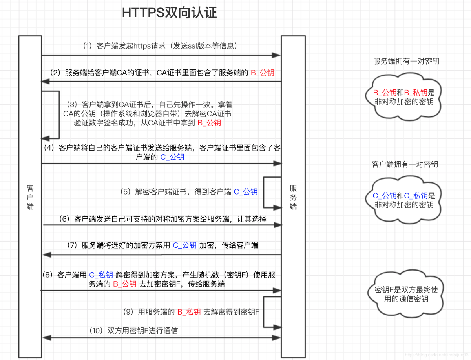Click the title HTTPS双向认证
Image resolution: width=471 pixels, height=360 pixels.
169,13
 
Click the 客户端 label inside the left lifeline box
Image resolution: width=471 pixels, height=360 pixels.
30,197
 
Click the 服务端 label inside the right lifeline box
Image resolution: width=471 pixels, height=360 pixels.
293,197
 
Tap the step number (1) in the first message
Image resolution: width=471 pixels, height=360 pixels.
88,46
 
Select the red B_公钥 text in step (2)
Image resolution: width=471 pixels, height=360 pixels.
263,73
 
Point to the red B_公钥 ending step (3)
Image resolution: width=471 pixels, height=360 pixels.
209,123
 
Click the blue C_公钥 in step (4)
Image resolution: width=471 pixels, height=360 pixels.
172,157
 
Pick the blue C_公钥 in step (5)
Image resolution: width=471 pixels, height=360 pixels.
245,191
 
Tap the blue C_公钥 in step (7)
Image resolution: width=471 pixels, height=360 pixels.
184,245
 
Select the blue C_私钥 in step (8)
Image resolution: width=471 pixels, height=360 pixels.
101,275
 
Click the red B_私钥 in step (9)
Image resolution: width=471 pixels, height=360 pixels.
189,312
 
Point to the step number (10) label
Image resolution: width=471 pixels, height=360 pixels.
96,331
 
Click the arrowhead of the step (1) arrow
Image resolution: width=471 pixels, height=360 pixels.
276,55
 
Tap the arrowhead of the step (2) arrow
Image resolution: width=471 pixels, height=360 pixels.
46,82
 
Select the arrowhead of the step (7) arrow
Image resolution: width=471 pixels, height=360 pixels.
47,255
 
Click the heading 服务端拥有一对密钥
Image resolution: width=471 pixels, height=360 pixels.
406,61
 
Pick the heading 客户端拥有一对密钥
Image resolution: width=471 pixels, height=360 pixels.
405,164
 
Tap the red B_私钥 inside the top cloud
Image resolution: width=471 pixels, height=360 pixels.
416,93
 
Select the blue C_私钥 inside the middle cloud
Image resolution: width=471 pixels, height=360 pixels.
416,196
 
